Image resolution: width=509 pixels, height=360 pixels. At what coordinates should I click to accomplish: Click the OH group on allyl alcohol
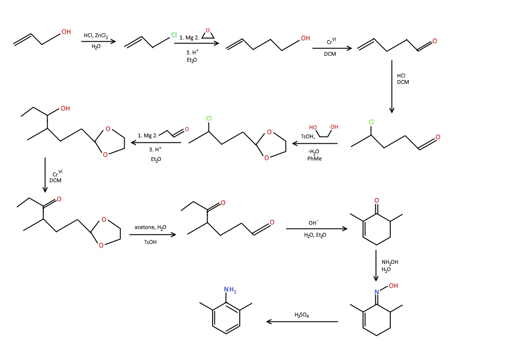point(66,32)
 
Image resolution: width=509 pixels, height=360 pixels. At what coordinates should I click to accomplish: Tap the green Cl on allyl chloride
point(174,35)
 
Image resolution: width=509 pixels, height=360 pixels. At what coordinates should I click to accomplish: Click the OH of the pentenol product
point(305,39)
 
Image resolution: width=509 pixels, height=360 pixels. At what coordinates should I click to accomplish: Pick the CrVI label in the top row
point(331,42)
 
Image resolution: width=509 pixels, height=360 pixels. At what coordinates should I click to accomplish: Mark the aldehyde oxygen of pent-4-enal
point(435,41)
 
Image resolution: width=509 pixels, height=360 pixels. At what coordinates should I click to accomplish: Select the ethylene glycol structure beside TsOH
point(324,130)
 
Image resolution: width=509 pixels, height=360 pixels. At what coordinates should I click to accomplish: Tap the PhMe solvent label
point(314,158)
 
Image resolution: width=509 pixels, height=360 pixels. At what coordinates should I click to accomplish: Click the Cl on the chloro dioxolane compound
point(209,119)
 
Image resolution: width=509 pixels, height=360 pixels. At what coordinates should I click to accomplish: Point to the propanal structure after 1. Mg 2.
point(174,132)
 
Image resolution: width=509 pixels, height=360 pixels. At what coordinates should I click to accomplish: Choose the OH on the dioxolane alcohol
point(65,108)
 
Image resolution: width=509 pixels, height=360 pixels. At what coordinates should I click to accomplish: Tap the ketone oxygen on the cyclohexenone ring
point(376,200)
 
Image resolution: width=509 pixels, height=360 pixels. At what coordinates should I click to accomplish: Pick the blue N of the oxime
point(376,292)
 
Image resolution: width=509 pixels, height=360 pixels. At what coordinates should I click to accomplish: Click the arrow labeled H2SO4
point(302,321)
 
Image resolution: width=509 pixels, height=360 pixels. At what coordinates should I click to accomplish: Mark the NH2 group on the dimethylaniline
point(230,290)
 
